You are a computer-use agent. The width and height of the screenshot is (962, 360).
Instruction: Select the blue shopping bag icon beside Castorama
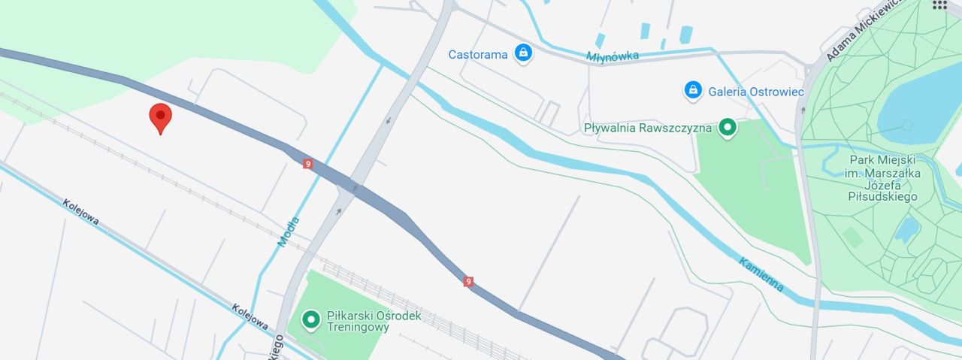(523, 53)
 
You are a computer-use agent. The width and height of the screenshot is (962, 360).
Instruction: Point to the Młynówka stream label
(613, 56)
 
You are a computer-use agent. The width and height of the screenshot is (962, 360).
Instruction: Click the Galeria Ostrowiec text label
(756, 91)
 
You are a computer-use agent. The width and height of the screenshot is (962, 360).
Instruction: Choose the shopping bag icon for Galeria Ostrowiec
(693, 90)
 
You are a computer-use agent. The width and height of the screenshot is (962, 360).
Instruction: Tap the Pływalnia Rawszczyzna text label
(647, 128)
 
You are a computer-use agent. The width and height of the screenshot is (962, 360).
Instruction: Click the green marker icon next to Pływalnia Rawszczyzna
(727, 128)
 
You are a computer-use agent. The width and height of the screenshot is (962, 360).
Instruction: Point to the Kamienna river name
(761, 274)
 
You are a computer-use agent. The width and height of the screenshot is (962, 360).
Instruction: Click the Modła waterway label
(289, 231)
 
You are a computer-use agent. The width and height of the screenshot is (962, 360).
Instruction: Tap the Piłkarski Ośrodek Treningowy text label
(374, 322)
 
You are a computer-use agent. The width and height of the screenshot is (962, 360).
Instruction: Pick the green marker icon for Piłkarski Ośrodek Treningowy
(310, 321)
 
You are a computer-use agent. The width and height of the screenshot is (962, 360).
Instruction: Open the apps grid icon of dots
(939, 5)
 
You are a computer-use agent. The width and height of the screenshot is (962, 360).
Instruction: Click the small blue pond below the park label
(907, 227)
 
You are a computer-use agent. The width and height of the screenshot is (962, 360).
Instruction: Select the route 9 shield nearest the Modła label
(308, 163)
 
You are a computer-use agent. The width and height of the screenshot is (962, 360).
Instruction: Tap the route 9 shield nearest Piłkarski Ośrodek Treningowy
(469, 281)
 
